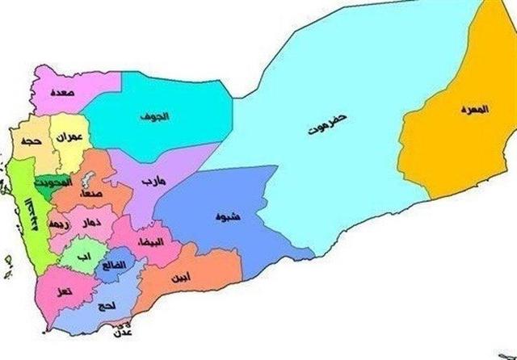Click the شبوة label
227,217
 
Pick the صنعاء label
90,194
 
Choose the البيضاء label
151,242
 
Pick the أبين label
183,277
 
